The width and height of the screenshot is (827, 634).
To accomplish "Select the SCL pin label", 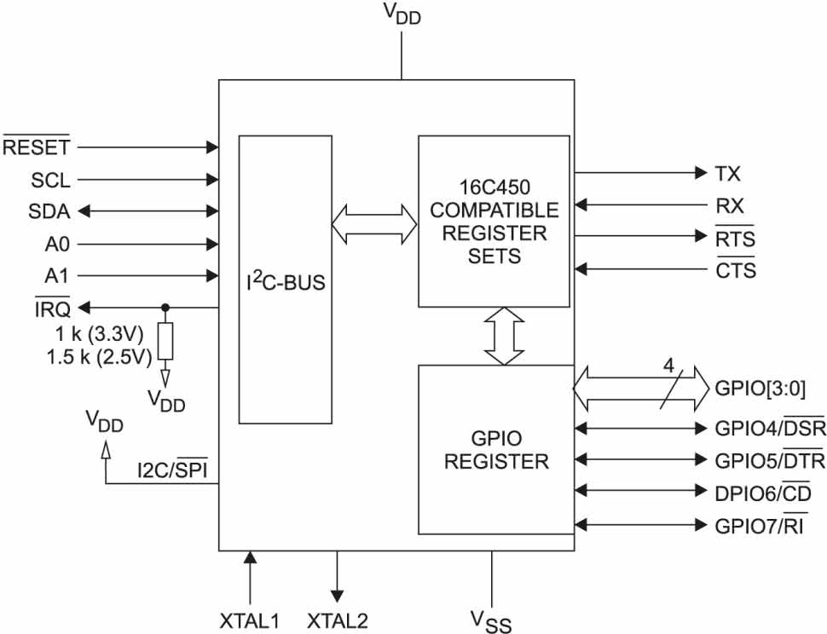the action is click(x=50, y=181).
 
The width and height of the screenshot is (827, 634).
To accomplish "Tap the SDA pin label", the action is click(x=49, y=212).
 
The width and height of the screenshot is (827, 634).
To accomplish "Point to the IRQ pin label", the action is click(x=52, y=308).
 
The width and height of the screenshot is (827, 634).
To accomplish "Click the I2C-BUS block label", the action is click(x=286, y=281).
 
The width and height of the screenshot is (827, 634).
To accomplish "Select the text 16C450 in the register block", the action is click(x=494, y=187).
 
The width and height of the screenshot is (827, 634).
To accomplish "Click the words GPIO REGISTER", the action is click(x=496, y=450).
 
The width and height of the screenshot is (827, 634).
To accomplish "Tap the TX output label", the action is click(x=727, y=173).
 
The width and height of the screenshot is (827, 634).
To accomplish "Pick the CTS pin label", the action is click(x=736, y=269).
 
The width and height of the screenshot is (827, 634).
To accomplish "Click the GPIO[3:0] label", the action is click(x=760, y=389).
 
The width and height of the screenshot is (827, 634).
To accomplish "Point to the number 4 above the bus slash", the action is click(x=668, y=366).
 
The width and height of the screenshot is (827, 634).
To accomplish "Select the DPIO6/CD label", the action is click(x=763, y=493).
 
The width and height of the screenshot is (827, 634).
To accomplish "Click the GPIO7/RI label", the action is click(x=760, y=525).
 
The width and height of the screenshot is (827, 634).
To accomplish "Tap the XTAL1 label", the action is click(x=250, y=621).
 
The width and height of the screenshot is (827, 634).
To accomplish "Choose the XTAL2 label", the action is click(x=338, y=621).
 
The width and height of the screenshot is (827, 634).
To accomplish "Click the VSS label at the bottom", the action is click(x=490, y=621).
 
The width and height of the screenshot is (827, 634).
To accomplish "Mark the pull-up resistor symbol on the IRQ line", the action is click(x=165, y=342).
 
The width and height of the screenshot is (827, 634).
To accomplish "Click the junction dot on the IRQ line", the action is click(x=165, y=308).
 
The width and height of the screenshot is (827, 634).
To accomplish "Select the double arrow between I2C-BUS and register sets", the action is click(x=374, y=224).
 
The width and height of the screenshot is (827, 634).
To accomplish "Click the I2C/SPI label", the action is click(x=172, y=469).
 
